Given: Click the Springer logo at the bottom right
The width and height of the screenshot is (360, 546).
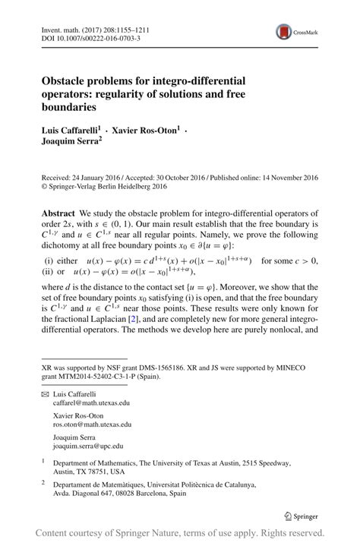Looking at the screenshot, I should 302,516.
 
